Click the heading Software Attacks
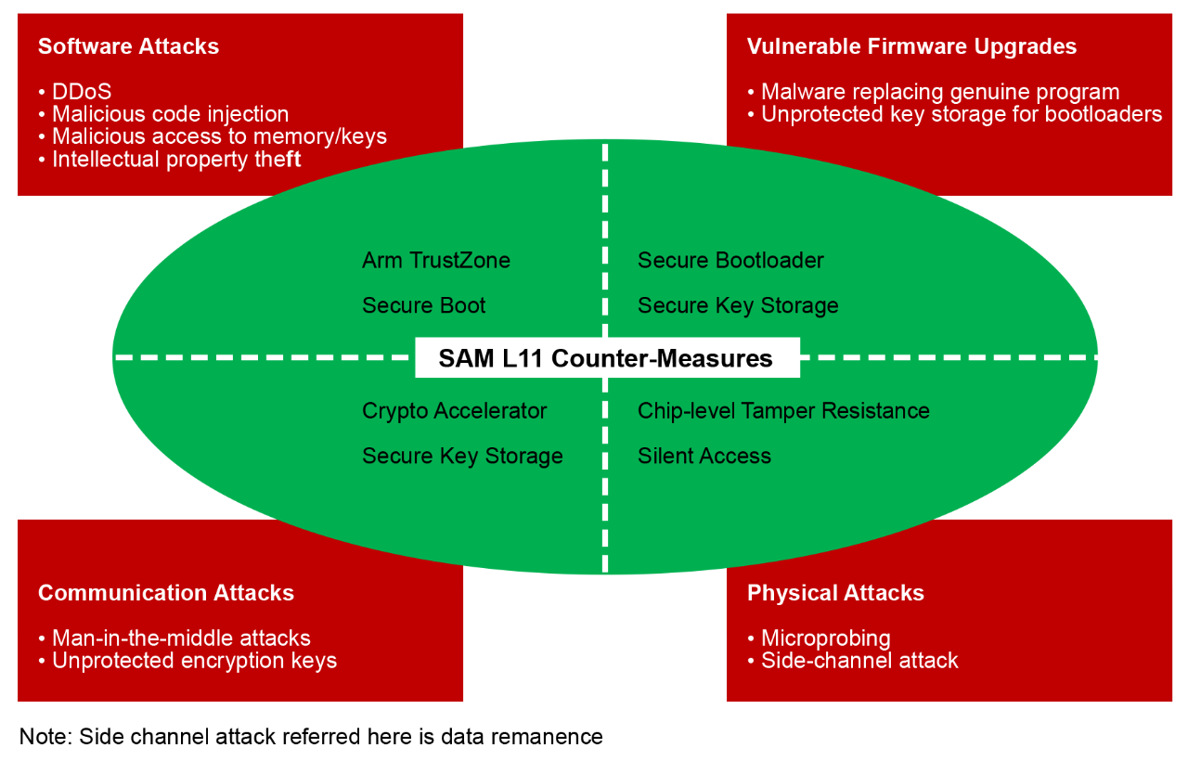(x=128, y=46)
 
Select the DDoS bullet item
(x=81, y=92)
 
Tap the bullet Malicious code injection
(x=170, y=114)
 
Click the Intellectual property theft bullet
(x=176, y=160)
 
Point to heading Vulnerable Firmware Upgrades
(x=911, y=46)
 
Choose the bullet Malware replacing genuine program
(x=939, y=92)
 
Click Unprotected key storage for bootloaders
(x=961, y=114)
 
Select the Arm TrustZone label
(x=436, y=261)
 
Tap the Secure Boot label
(x=424, y=306)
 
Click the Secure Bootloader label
(x=730, y=261)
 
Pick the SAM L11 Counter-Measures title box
(x=606, y=358)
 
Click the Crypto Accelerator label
(x=455, y=411)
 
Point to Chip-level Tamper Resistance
(x=783, y=411)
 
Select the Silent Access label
(x=704, y=457)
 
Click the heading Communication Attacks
(x=165, y=593)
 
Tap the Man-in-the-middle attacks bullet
(x=181, y=638)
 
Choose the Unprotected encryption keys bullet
(x=194, y=661)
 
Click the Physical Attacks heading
(x=835, y=593)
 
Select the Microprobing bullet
(x=825, y=638)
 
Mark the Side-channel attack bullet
(x=859, y=661)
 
